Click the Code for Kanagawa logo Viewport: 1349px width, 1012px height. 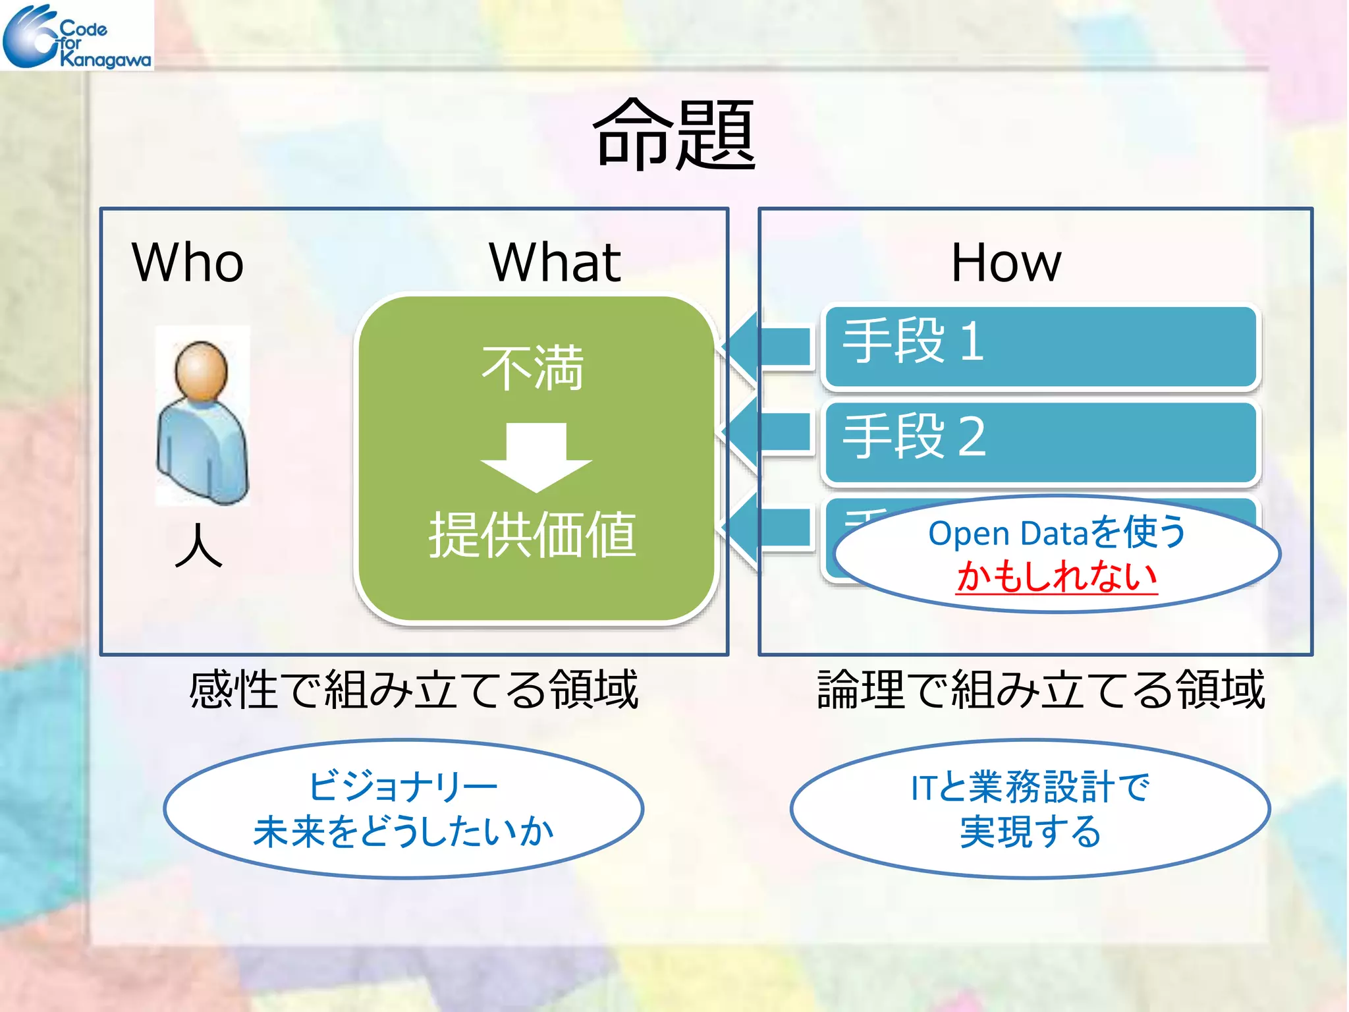click(x=76, y=36)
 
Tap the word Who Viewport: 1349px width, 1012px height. click(x=188, y=262)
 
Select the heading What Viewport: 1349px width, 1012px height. click(x=555, y=262)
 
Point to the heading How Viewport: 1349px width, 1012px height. click(x=1006, y=262)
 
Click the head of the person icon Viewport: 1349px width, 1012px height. click(x=201, y=369)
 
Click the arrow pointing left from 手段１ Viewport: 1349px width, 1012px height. click(x=767, y=346)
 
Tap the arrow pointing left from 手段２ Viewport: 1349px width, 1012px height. click(x=767, y=433)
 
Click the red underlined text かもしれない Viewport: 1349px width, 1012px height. click(x=1057, y=577)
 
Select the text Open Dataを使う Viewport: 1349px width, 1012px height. click(x=1057, y=532)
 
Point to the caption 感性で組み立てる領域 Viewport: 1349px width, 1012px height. click(x=414, y=689)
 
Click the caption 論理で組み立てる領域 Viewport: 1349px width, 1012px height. click(x=1041, y=689)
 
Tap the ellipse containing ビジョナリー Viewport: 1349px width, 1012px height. click(x=403, y=809)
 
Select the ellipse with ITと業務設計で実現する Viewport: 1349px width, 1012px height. click(x=1030, y=809)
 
